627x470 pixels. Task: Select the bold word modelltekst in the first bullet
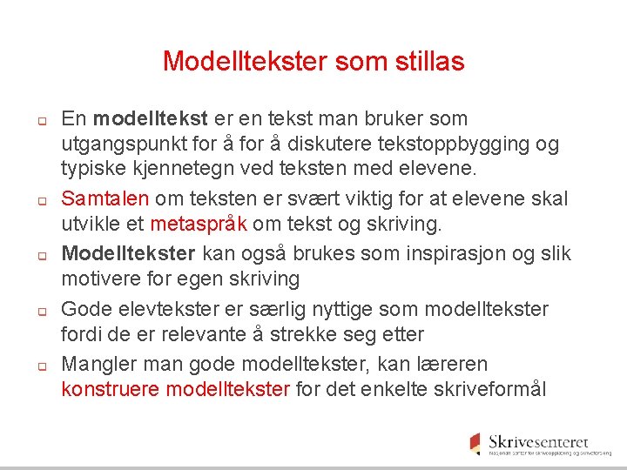point(150,118)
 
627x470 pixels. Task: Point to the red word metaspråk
point(199,225)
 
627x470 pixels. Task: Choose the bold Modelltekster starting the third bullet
point(129,253)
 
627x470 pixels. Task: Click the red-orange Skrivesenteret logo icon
point(475,441)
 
